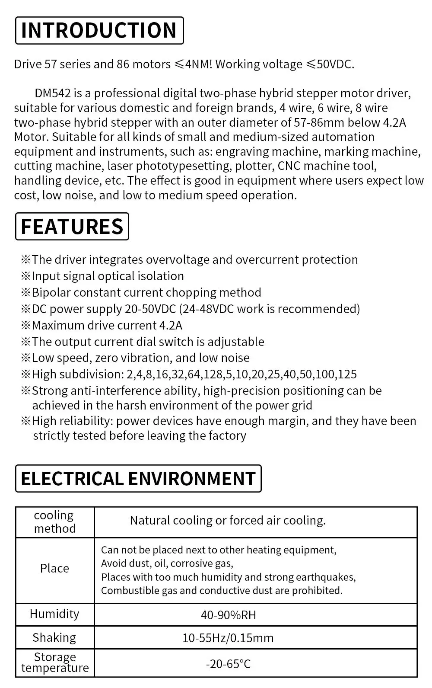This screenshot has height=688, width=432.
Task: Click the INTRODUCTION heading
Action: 99,30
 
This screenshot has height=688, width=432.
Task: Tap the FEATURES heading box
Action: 72,226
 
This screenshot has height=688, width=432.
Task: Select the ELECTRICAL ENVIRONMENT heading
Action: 138,478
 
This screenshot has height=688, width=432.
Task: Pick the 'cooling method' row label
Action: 54,522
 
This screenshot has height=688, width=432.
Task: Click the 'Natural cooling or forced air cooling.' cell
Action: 228,520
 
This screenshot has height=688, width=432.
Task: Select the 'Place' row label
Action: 54,568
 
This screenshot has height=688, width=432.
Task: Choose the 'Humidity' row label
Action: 54,614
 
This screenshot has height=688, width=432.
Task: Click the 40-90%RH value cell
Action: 228,615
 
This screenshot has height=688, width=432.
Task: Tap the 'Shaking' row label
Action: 54,637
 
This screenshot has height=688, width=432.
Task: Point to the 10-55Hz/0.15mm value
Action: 228,638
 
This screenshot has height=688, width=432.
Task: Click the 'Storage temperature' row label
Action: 55,662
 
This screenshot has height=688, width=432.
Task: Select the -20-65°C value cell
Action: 228,664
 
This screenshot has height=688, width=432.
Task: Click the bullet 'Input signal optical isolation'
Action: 108,276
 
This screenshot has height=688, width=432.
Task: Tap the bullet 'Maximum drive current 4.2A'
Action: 107,325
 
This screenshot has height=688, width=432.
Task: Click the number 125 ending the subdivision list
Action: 348,374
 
